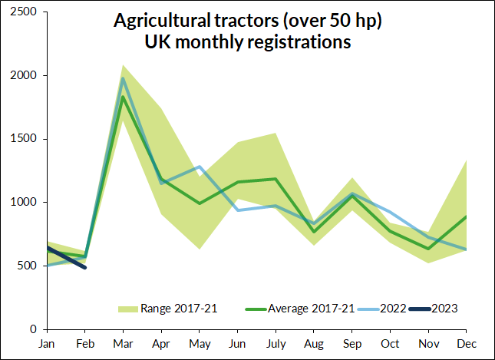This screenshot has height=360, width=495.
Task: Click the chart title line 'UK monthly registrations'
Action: pyautogui.click(x=248, y=43)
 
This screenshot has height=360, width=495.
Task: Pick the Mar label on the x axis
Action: pyautogui.click(x=123, y=344)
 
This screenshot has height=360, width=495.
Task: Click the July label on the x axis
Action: pyautogui.click(x=276, y=344)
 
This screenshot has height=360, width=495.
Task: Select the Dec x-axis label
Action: pyautogui.click(x=467, y=344)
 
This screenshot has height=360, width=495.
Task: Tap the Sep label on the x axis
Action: pyautogui.click(x=352, y=344)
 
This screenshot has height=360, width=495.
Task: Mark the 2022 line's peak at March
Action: pyautogui.click(x=123, y=78)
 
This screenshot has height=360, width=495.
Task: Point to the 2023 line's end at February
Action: pyautogui.click(x=84, y=267)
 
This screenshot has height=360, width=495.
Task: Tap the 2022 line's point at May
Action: pyautogui.click(x=200, y=167)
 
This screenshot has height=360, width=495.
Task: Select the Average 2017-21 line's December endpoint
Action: pyautogui.click(x=467, y=216)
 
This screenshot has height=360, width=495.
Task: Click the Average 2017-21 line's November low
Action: pyautogui.click(x=428, y=249)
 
